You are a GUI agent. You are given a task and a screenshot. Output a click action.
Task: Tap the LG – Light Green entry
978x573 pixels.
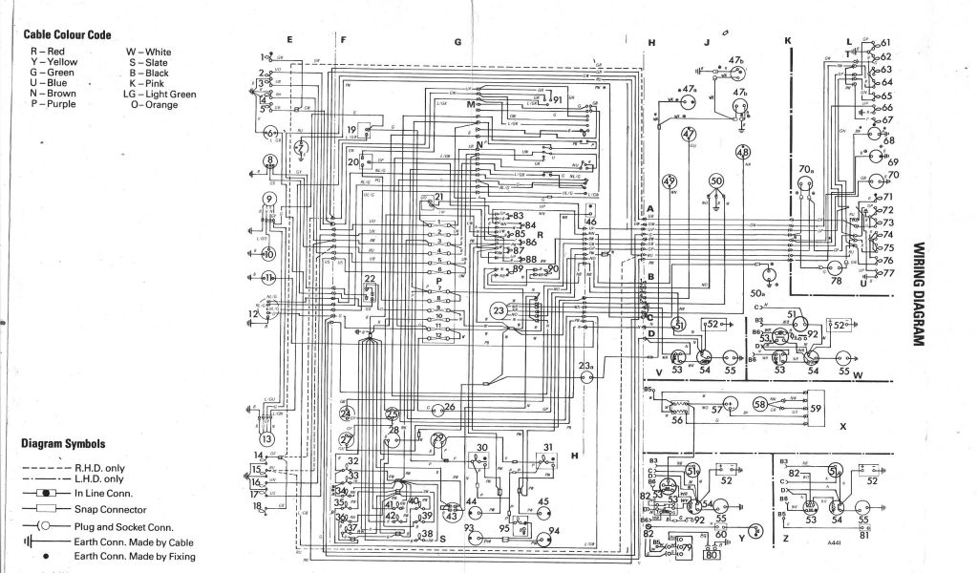[x=159, y=94]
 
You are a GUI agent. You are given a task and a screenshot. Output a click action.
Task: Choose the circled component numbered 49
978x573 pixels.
[x=669, y=182]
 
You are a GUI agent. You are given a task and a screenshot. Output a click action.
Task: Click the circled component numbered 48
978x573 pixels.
[x=743, y=153]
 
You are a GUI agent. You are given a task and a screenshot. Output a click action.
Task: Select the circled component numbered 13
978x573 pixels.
[x=268, y=437]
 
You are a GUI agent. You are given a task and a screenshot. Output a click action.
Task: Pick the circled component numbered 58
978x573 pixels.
[x=760, y=404]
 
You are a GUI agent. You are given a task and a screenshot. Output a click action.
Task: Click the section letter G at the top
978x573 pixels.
[x=457, y=42]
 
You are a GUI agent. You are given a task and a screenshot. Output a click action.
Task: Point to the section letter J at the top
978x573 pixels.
[x=708, y=42]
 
